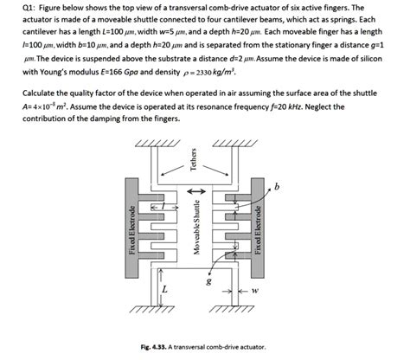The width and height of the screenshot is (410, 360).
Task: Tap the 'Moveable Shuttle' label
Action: [196, 231]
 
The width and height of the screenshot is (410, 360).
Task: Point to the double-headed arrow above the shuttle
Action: [195, 192]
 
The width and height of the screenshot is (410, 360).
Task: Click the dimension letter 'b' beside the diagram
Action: [277, 186]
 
